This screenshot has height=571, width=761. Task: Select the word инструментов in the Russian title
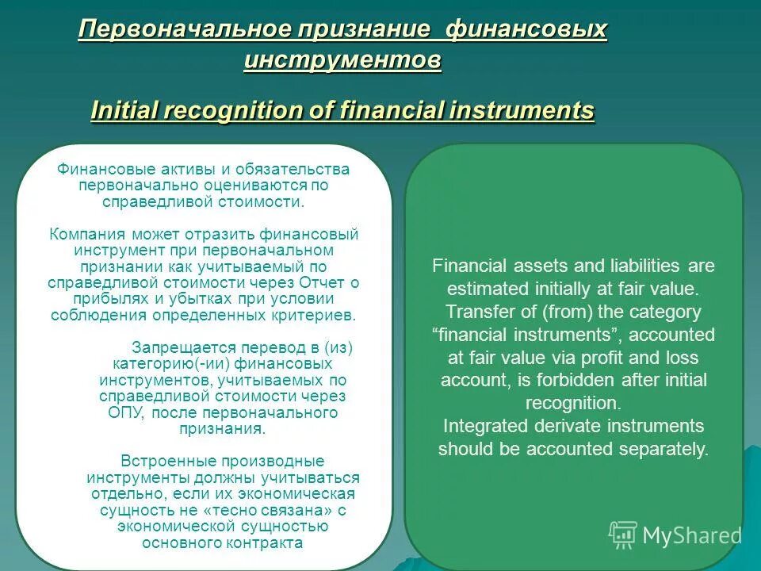(x=342, y=60)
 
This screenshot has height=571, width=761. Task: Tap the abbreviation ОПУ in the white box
(x=126, y=412)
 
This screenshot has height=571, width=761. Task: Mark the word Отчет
(x=325, y=282)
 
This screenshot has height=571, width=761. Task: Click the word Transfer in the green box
(x=472, y=312)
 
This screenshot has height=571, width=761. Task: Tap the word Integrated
(x=479, y=426)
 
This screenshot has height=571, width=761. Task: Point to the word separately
(x=660, y=449)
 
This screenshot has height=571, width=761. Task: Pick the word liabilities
(x=625, y=266)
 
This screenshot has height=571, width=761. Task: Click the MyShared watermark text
(x=692, y=536)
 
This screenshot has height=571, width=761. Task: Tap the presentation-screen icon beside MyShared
(x=623, y=535)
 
